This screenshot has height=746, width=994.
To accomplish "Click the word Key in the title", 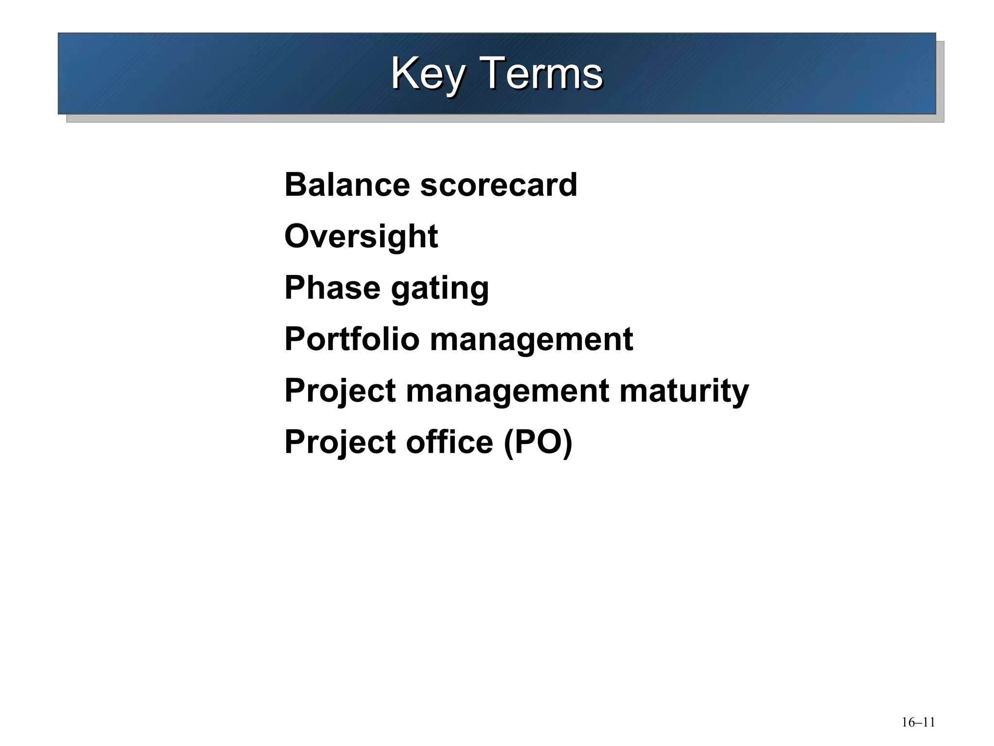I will point(427,74).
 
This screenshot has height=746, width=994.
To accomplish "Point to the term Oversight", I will point(361,237).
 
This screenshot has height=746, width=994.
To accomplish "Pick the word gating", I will point(440,288).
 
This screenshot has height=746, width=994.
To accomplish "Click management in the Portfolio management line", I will point(531,340).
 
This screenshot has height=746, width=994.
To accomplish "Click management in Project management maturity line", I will point(507,391).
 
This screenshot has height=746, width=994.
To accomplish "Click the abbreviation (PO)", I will point(538,442).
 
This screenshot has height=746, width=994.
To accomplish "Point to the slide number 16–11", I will point(918,722).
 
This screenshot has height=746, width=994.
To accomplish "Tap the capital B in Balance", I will point(296,185).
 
